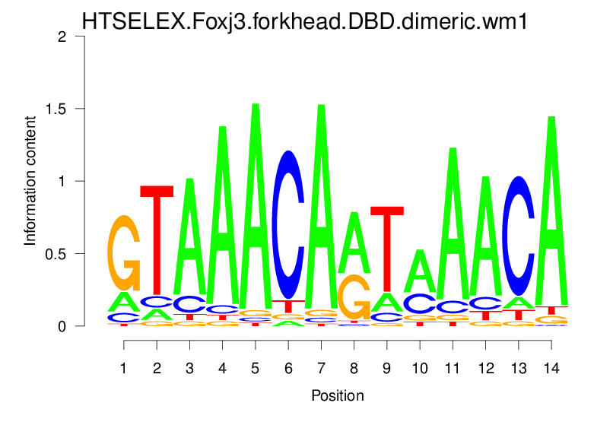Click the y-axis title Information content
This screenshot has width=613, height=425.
click(x=30, y=181)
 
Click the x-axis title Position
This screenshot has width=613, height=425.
click(x=337, y=395)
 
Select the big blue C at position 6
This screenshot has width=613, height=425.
click(x=288, y=224)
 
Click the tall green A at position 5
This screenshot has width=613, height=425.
click(x=256, y=205)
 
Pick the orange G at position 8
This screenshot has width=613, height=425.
click(x=354, y=296)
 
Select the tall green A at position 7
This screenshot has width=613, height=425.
click(x=321, y=205)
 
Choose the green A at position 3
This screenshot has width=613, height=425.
click(x=189, y=236)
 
